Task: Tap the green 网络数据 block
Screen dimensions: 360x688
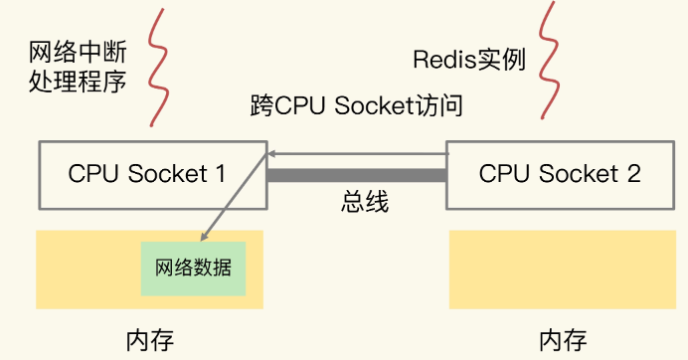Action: click(x=193, y=268)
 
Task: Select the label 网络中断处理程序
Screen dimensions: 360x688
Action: click(x=78, y=66)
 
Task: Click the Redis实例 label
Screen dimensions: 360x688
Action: click(x=468, y=59)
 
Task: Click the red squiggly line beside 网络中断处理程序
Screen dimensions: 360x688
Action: click(x=156, y=64)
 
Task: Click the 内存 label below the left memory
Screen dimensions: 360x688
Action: click(x=150, y=339)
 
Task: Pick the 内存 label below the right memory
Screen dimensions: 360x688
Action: click(x=563, y=339)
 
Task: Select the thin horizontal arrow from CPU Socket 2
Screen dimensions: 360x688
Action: click(x=358, y=154)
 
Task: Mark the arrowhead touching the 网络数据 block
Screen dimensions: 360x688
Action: click(x=205, y=236)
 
